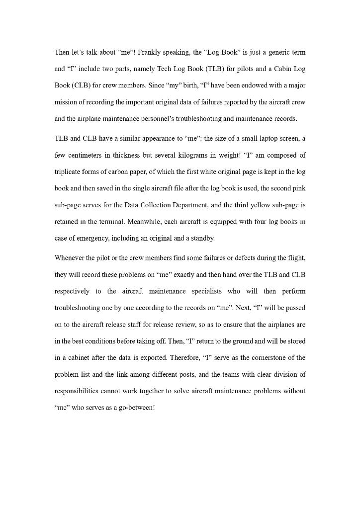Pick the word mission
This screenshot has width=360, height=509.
66,102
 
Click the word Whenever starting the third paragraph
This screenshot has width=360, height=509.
71,258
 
